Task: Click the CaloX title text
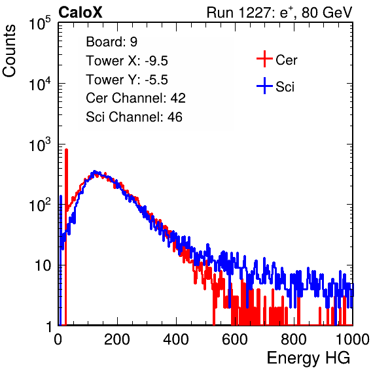pos(80,12)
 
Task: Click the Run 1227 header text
pos(279,12)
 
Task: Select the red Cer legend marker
pos(264,59)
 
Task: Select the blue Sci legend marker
pos(264,86)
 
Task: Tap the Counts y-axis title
pos(9,51)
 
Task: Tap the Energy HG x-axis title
pos(308,358)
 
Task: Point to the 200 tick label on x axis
pos(117,339)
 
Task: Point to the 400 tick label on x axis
pos(176,339)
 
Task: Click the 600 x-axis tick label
pos(235,339)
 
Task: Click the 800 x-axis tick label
pos(294,339)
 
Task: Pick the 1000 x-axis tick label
pos(353,339)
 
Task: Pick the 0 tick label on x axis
pos(58,339)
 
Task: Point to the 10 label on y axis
pos(43,265)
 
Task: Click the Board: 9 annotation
pos(111,42)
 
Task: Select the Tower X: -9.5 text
pos(127,61)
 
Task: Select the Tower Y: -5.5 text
pos(127,80)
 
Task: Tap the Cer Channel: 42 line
pos(136,98)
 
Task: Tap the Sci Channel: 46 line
pos(134,117)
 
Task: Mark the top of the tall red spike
pos(66,150)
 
